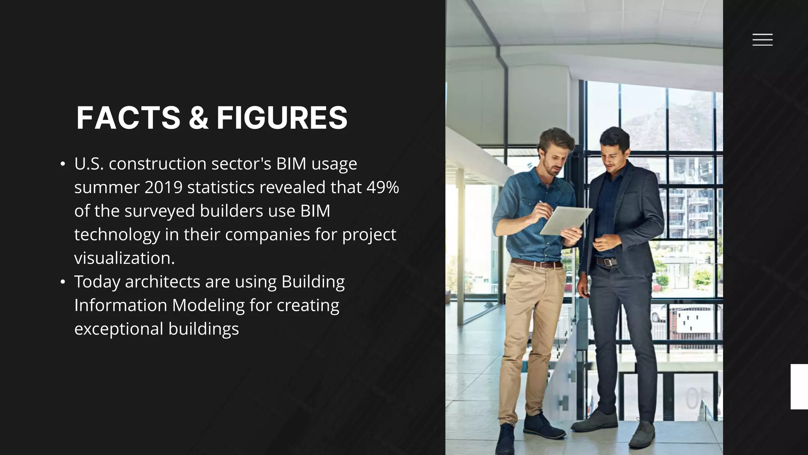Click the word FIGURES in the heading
click(282, 118)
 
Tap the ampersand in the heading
click(198, 118)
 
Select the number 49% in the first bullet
click(383, 187)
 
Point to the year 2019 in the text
click(163, 187)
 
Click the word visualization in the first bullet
click(124, 258)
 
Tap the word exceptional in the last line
click(119, 329)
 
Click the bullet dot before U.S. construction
click(63, 164)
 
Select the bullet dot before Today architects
click(63, 282)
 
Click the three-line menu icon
click(762, 40)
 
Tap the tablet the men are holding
click(566, 221)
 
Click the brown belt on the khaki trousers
click(537, 263)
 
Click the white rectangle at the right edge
click(799, 387)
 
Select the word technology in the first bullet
click(117, 235)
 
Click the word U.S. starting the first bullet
click(89, 164)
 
